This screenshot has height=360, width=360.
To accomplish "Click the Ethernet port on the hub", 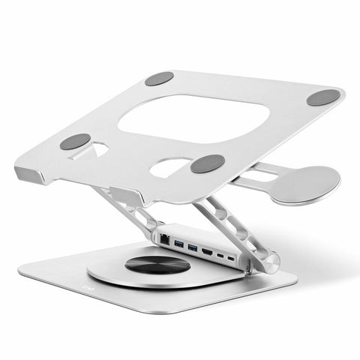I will click(164, 238).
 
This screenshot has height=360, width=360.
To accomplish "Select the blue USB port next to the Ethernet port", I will click(177, 241).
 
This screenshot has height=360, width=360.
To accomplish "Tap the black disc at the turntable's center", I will click(157, 264).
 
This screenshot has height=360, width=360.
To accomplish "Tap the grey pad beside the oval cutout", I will click(207, 163).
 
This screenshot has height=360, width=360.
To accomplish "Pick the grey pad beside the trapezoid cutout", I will click(75, 141).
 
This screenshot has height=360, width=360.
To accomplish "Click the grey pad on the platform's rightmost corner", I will click(323, 97).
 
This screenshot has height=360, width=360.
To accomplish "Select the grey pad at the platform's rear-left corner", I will click(159, 78).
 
